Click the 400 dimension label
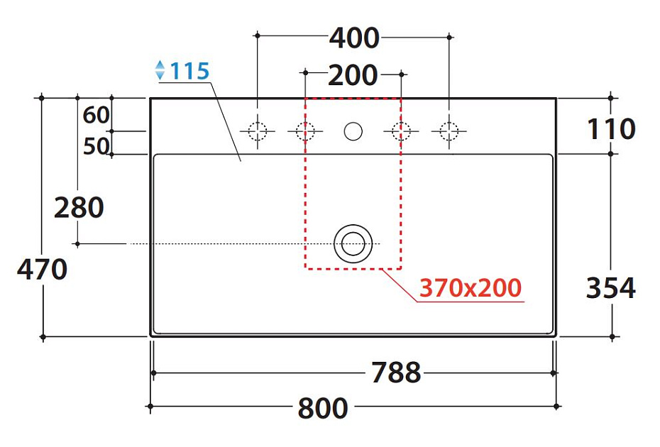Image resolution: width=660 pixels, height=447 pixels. pyautogui.click(x=354, y=38)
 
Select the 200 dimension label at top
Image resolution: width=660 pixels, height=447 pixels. pyautogui.click(x=353, y=75)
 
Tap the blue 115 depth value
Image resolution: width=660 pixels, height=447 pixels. pyautogui.click(x=189, y=71)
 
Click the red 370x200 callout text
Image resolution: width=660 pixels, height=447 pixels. pyautogui.click(x=471, y=288)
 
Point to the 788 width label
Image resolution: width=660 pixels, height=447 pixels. pyautogui.click(x=396, y=372)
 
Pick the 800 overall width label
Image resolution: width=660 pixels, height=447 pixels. pyautogui.click(x=323, y=408)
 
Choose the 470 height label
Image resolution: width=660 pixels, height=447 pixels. pyautogui.click(x=42, y=270)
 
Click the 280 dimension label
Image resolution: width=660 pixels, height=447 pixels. pyautogui.click(x=79, y=207)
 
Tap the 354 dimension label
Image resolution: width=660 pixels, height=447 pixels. pyautogui.click(x=611, y=288)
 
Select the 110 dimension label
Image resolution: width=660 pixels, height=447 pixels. pyautogui.click(x=611, y=129)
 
